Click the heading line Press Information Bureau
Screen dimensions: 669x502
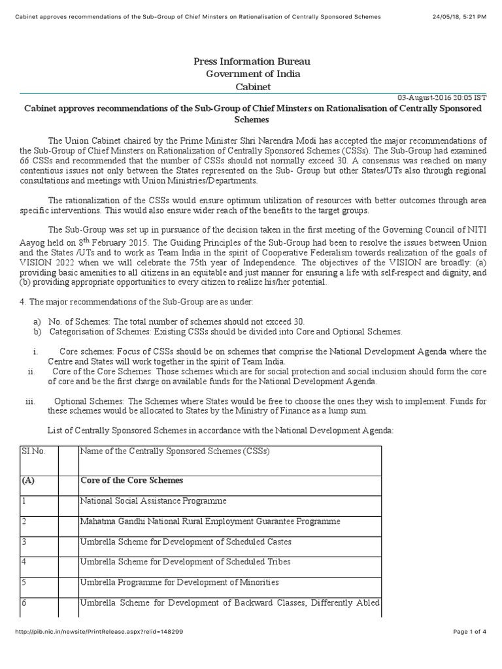tap(252, 61)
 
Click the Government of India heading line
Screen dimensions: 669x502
tap(252, 74)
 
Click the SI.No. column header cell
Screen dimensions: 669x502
tap(33, 451)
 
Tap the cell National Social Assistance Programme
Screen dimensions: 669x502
tap(153, 500)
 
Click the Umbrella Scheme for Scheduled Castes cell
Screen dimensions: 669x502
tap(186, 542)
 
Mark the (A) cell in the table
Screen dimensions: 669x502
tap(28, 480)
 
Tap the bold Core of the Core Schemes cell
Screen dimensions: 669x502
tap(131, 480)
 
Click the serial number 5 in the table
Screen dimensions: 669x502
tap(24, 581)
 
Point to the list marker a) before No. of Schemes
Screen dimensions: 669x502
tap(37, 322)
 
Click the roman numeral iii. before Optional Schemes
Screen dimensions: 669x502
tap(30, 401)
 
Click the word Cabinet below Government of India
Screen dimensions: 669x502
tap(252, 87)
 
